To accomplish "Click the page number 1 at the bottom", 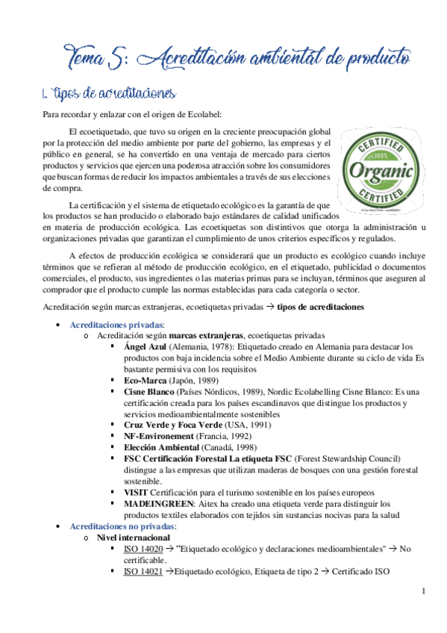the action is pos(422,592).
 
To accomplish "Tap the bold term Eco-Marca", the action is pos(146,380).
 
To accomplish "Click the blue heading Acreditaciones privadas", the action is pos(117,325).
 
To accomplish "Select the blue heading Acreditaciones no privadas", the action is pos(125,526).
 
